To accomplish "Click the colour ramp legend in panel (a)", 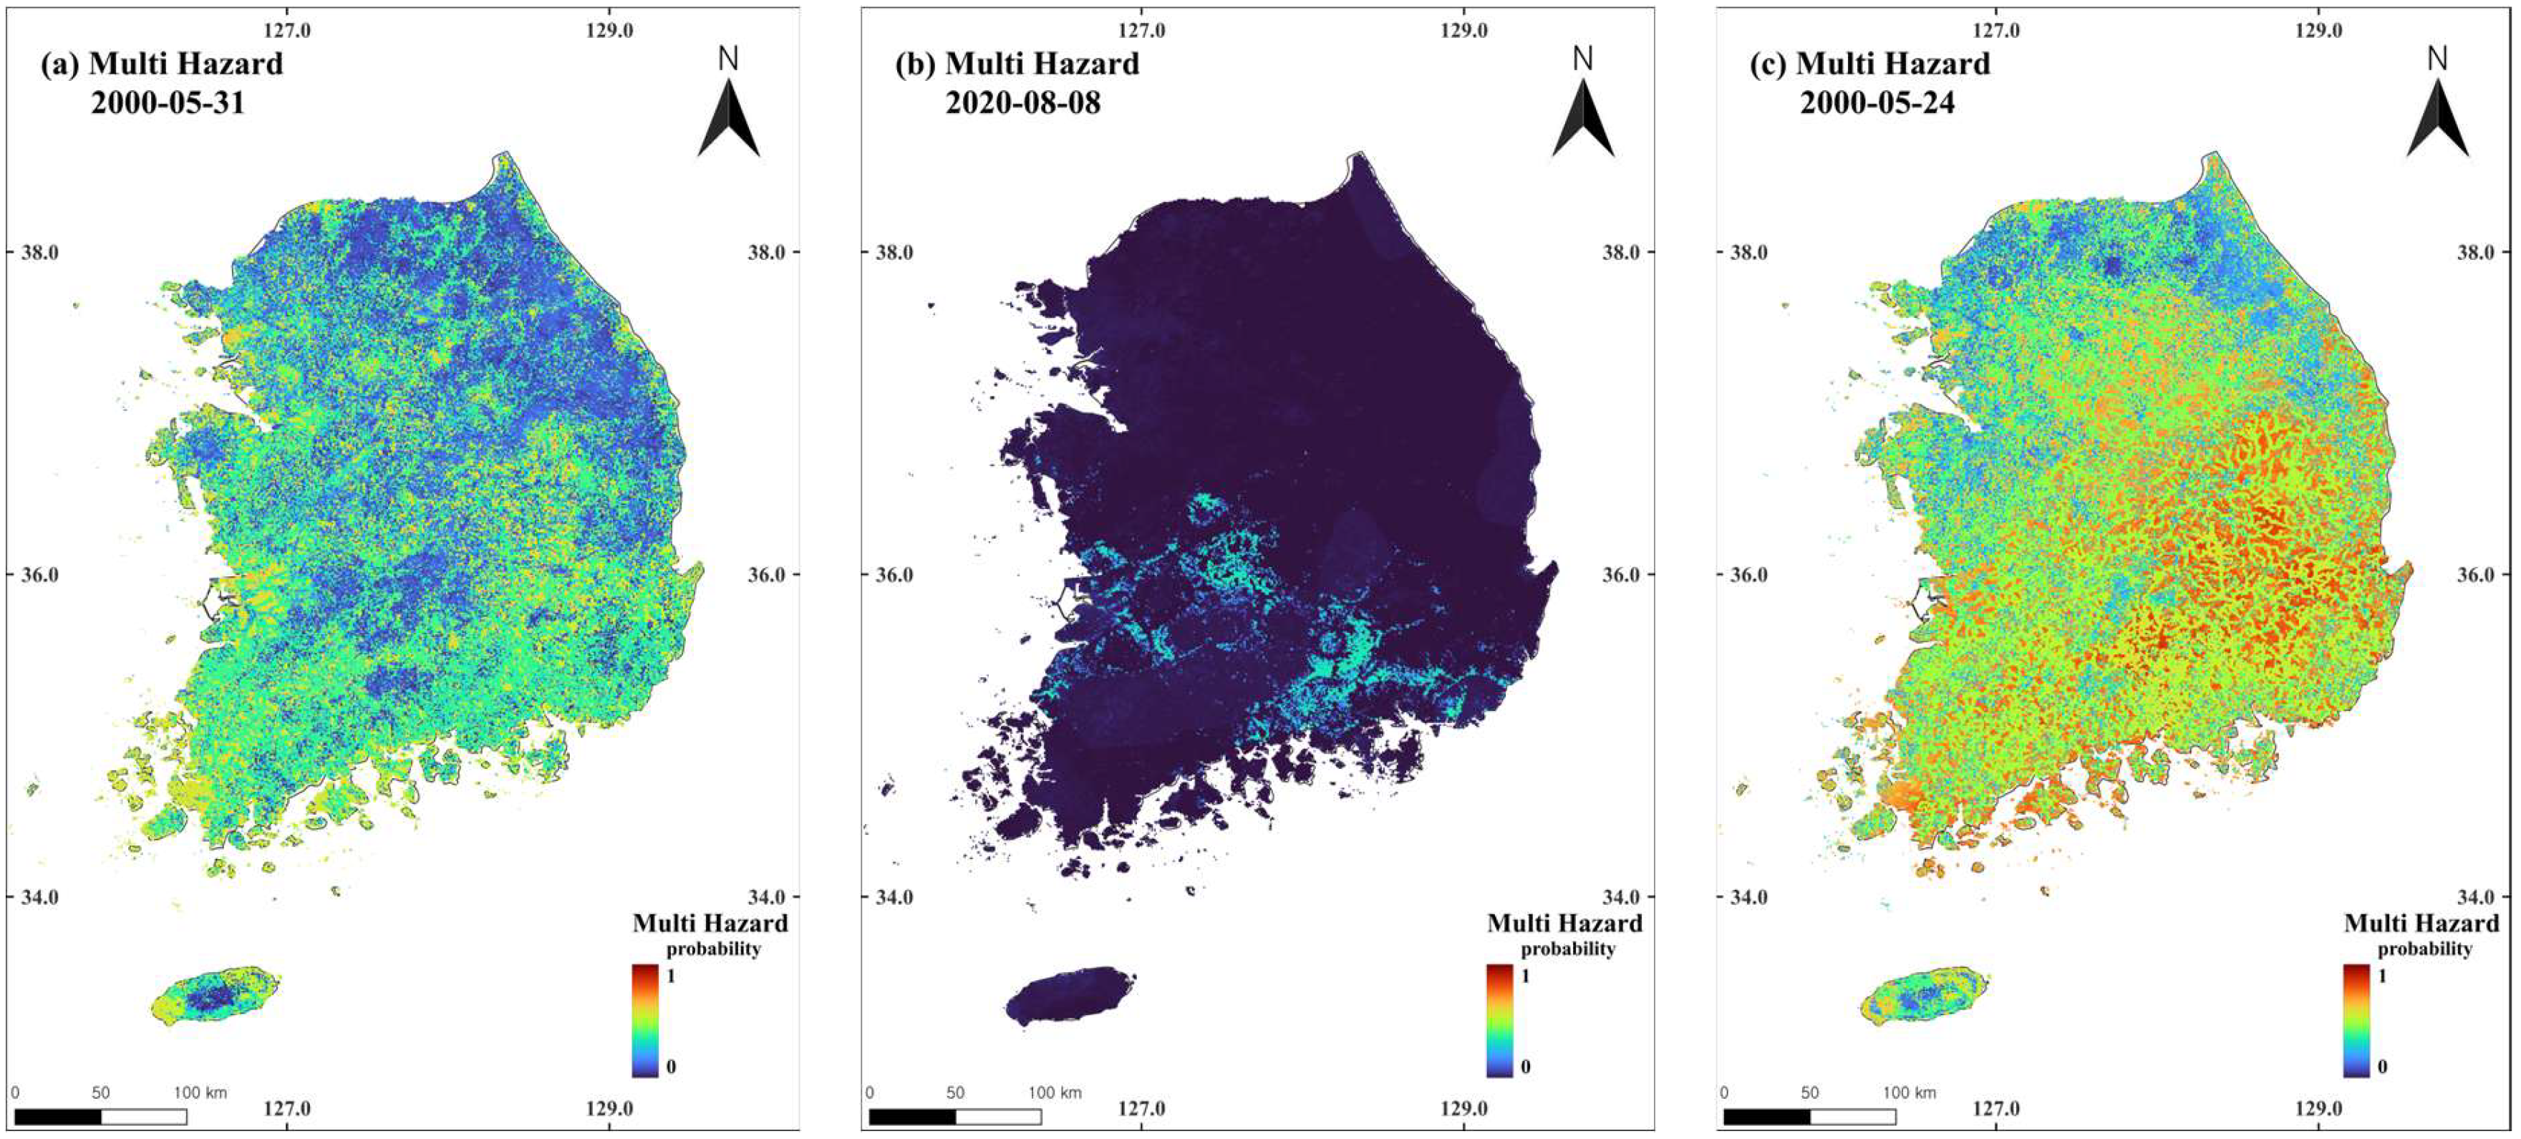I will pyautogui.click(x=645, y=1021).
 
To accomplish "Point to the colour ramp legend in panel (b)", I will pyautogui.click(x=1499, y=1021).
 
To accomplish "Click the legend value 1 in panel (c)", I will pyautogui.click(x=2382, y=976).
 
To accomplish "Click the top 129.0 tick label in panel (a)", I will pyautogui.click(x=610, y=30).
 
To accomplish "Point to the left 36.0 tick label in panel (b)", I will pyautogui.click(x=893, y=574).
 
